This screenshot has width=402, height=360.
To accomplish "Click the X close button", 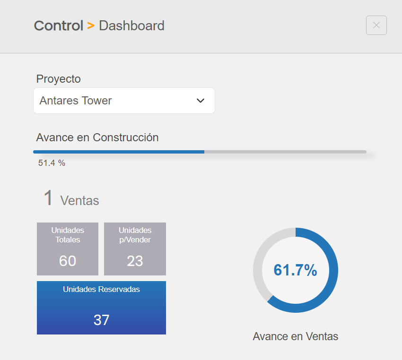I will [x=376, y=26].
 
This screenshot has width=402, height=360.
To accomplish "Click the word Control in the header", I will [x=59, y=26].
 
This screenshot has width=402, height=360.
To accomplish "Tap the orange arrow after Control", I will [x=91, y=26].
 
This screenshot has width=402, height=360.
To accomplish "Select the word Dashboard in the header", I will [x=131, y=26].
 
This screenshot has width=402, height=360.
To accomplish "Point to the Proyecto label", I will [x=59, y=79].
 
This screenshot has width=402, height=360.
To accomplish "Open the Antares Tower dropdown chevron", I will [x=201, y=101].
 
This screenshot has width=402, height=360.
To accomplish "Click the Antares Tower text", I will [x=76, y=101].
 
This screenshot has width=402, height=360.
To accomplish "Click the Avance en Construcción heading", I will [x=97, y=137].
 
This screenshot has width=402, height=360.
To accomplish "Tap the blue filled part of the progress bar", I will [x=118, y=152].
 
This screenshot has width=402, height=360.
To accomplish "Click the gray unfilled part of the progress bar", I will [x=284, y=152].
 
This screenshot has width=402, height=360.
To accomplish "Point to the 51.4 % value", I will [x=52, y=163].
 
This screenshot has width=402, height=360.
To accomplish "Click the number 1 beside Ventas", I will [x=48, y=198].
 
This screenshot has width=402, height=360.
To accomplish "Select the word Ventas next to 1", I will [x=79, y=201].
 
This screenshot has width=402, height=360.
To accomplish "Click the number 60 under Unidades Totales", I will [x=68, y=261].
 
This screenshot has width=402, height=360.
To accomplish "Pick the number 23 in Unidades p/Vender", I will [x=135, y=261].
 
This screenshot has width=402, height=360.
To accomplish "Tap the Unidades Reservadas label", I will [x=101, y=289].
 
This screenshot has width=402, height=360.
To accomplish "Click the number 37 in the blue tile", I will [x=101, y=320].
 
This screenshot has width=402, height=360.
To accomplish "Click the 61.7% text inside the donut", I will [x=295, y=270].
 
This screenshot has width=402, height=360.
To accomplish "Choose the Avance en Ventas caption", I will [x=296, y=336].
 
